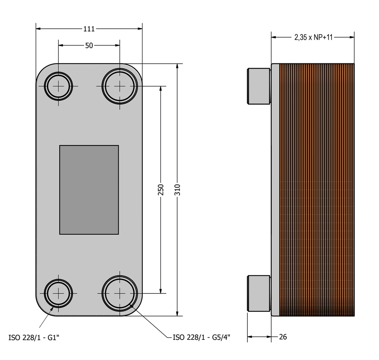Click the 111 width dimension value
point(89,29)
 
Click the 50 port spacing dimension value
point(89,45)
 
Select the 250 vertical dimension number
point(161,190)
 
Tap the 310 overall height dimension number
point(177,190)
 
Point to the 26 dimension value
point(283,337)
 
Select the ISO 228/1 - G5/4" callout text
point(201,337)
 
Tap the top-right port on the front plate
point(120,86)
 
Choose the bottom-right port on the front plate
point(120,293)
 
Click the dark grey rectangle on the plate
point(89,190)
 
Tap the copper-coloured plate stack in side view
point(316,190)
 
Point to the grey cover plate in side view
point(275,190)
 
